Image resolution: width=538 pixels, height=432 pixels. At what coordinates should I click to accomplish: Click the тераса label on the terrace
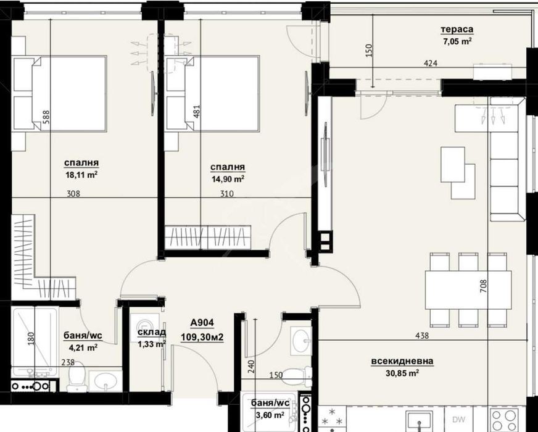[x=457, y=30]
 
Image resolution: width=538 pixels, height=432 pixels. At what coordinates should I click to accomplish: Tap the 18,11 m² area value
[x=81, y=175]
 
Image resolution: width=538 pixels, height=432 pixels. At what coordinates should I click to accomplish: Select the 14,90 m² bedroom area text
[x=228, y=179]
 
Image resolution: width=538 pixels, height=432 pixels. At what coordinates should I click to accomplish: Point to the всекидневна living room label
[x=402, y=361]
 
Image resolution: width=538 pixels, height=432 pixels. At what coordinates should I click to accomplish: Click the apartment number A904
[x=202, y=323]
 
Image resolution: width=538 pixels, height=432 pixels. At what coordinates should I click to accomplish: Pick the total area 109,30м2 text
[x=202, y=338]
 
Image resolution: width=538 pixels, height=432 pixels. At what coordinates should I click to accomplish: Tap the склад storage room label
[x=152, y=332]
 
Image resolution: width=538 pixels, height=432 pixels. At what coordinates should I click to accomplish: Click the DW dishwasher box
[x=459, y=419]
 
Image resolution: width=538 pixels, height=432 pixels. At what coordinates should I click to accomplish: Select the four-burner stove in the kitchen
[x=503, y=420]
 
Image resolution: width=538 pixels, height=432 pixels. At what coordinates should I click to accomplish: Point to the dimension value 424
[x=431, y=63]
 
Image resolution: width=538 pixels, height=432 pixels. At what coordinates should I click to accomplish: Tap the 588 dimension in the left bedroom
[x=46, y=117]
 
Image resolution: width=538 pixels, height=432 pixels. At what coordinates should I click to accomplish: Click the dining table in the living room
[x=468, y=290]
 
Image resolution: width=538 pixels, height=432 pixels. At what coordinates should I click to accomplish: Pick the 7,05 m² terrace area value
[x=457, y=41]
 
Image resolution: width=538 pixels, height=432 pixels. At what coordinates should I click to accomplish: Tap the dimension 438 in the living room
[x=421, y=336]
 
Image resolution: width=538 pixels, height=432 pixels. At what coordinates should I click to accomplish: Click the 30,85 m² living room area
[x=402, y=373]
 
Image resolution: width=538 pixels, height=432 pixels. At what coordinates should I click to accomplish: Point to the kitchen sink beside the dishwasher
[x=418, y=421]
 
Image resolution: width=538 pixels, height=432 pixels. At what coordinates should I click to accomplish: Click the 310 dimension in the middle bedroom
[x=227, y=194]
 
